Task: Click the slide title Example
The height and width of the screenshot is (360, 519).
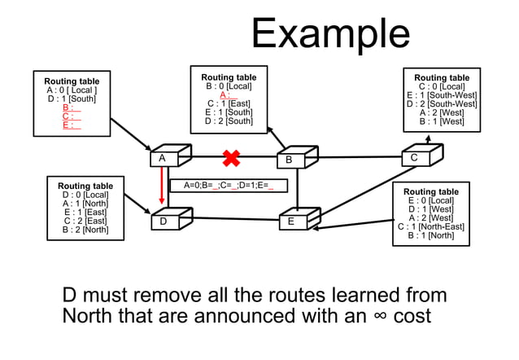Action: pos(330,34)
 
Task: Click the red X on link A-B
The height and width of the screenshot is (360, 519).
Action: pos(232,156)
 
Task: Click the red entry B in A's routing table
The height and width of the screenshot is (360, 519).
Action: pos(72,108)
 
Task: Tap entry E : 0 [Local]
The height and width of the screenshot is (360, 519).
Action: pos(430,200)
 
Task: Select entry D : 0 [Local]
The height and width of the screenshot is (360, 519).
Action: pos(85,195)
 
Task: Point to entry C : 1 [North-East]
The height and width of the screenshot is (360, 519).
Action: pos(430,227)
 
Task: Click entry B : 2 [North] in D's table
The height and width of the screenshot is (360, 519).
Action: pos(85,230)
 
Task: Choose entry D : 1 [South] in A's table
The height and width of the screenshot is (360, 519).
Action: pos(72,99)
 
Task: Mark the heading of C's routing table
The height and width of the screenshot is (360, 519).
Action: pos(442,77)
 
